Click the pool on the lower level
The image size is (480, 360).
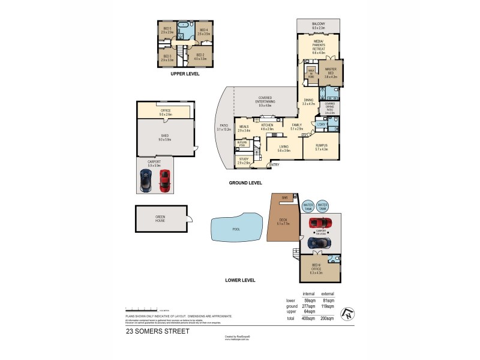(237, 229)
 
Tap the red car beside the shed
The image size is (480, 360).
(164, 179)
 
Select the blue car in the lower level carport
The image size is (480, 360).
(318, 244)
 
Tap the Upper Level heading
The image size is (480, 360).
(185, 74)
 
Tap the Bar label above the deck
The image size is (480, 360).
(284, 197)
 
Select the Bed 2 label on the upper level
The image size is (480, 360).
(200, 57)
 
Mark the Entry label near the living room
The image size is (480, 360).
(275, 164)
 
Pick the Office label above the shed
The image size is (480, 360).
(166, 112)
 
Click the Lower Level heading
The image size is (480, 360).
(240, 280)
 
